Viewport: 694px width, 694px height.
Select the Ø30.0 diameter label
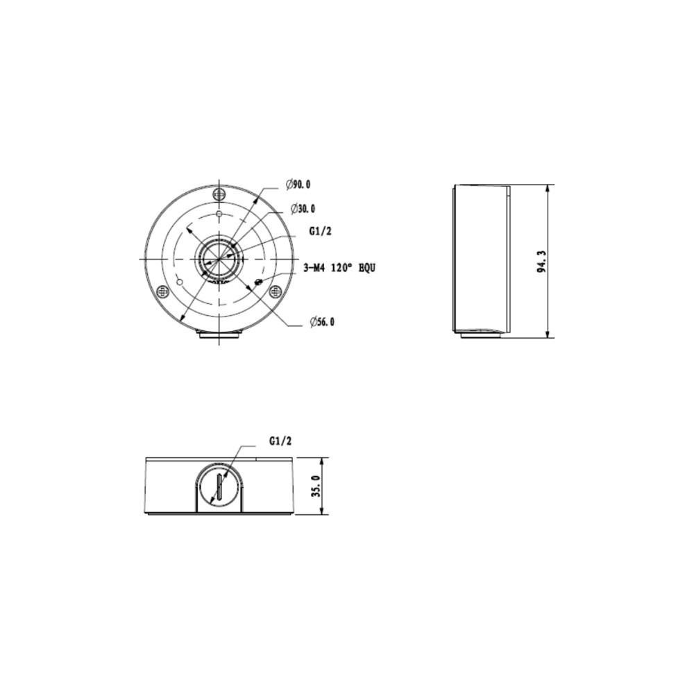(303, 208)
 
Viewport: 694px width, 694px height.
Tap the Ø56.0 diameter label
(322, 322)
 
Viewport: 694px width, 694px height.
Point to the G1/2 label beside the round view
(319, 231)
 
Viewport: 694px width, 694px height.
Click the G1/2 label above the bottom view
(280, 441)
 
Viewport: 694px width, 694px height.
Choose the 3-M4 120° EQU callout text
(339, 268)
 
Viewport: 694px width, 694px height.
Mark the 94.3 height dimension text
(542, 262)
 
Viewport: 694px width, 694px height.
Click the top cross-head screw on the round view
(219, 194)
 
